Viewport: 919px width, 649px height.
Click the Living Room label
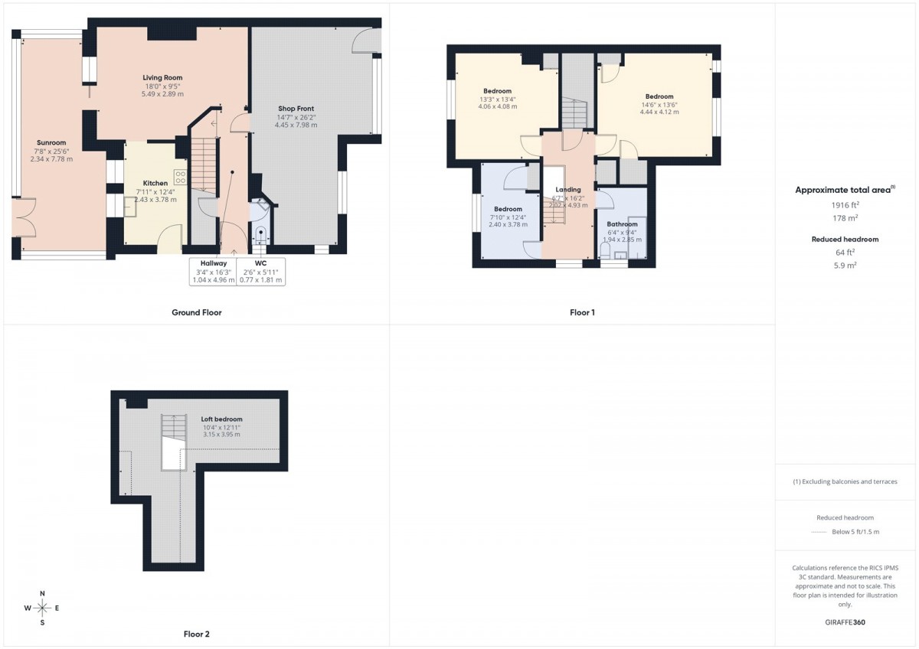tap(162, 77)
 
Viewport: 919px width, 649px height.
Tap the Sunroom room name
tap(51, 142)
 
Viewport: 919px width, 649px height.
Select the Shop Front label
tap(296, 109)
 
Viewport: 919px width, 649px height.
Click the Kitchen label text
tap(155, 183)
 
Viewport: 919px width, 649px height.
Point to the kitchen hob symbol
tap(180, 177)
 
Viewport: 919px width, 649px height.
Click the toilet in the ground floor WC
tap(260, 235)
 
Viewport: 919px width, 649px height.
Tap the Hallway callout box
tap(213, 272)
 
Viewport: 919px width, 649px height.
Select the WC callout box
tap(260, 272)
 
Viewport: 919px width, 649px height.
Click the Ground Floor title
tap(197, 312)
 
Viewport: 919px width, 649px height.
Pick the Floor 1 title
tap(582, 312)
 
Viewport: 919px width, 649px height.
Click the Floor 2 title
tap(197, 634)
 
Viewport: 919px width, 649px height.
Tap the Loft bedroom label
tap(221, 419)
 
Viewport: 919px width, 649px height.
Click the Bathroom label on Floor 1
tap(623, 224)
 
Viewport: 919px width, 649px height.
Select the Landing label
tap(568, 189)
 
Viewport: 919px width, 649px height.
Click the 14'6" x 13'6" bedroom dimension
tap(659, 104)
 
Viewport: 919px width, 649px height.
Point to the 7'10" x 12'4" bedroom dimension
tap(508, 217)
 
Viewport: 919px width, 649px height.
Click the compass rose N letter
tap(42, 594)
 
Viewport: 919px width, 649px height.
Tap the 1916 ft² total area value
tap(845, 205)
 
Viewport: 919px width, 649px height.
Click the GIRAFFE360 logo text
tap(845, 622)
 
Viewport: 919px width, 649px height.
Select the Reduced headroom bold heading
tap(845, 240)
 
